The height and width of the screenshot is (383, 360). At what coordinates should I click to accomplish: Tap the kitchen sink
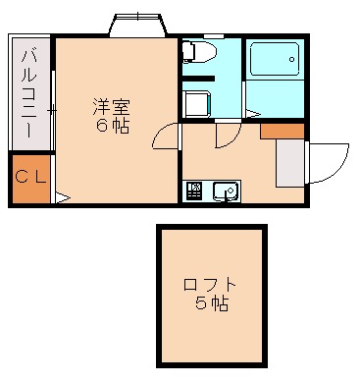225,191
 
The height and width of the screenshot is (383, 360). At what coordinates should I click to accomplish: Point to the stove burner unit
193,191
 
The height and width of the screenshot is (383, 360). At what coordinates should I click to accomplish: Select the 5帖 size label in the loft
211,304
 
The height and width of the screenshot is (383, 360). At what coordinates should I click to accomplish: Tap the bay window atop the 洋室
136,25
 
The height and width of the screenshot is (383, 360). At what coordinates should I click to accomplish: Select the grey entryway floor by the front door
289,162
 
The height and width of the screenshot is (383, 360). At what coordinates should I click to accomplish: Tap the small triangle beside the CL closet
62,197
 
